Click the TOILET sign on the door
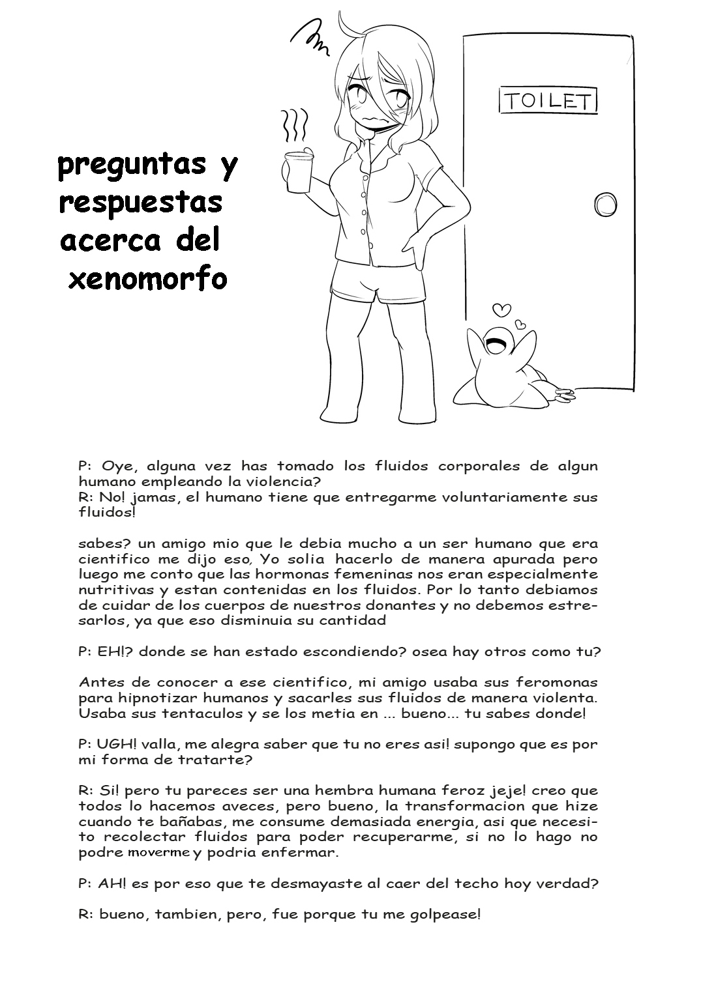click(x=548, y=100)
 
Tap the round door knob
click(x=605, y=204)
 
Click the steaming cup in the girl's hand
click(x=297, y=171)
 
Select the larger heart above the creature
click(x=500, y=309)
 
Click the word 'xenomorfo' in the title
click(x=147, y=279)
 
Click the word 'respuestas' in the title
click(x=141, y=203)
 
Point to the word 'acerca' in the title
click(x=110, y=241)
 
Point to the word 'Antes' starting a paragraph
click(x=100, y=682)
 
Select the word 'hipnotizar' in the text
click(x=141, y=698)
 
